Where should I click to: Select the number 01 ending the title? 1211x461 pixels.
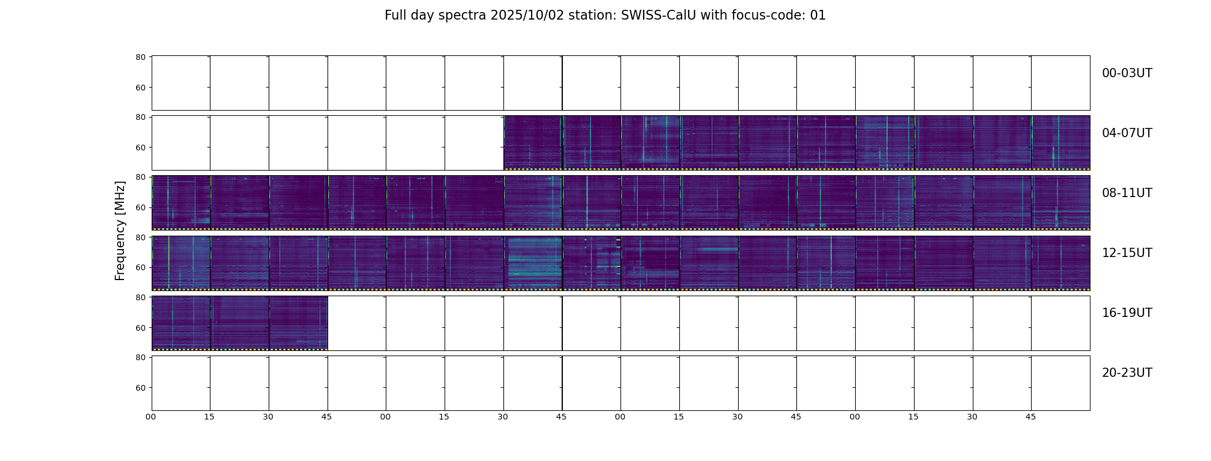click(818, 16)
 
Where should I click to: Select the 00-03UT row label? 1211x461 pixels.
click(1127, 73)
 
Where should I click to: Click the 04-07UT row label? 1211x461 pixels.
click(1127, 133)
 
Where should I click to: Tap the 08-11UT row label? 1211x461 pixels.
click(1127, 193)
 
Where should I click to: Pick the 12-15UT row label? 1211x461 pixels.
click(1127, 253)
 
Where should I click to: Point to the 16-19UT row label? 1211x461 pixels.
click(1127, 313)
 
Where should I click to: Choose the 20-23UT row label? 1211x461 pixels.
click(1127, 373)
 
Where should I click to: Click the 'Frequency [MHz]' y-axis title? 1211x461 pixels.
click(120, 231)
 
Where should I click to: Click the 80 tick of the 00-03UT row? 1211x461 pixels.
click(140, 58)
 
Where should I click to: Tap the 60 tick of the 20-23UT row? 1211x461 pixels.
click(140, 388)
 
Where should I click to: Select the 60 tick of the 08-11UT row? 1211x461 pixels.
click(140, 207)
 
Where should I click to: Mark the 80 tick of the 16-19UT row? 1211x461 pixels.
click(140, 297)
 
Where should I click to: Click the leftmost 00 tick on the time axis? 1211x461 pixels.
click(151, 417)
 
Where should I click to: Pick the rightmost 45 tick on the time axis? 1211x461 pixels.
click(1031, 417)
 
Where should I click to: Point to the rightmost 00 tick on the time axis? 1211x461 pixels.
click(855, 417)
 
